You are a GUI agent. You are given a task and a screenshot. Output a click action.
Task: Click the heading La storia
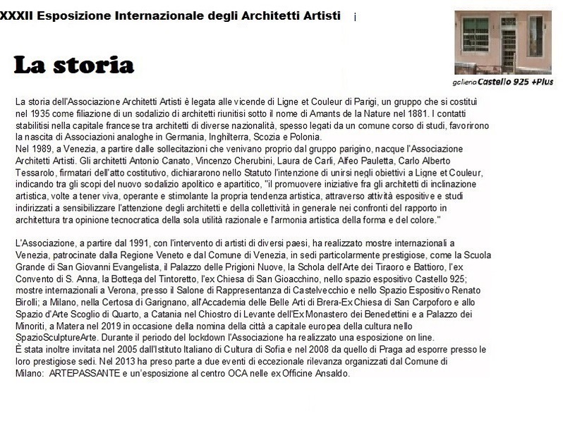coord(73,65)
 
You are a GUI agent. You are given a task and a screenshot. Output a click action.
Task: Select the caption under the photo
coord(503,82)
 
